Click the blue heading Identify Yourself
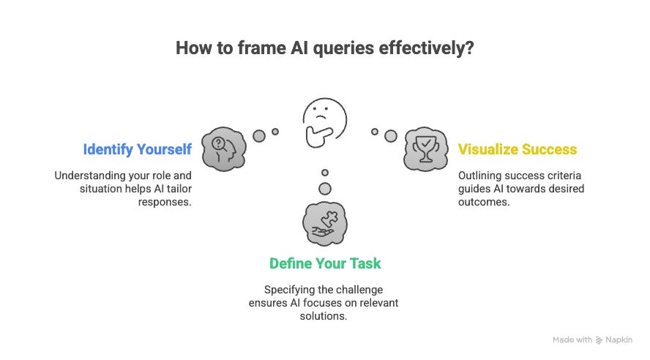(137, 149)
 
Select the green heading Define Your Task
(325, 263)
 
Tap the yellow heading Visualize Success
(518, 149)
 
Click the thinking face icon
(324, 121)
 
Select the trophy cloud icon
(425, 149)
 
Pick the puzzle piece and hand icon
(324, 222)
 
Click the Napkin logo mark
(599, 340)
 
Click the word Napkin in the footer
(619, 340)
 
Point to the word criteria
(545, 176)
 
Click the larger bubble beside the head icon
(258, 135)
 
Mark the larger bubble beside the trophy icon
(391, 135)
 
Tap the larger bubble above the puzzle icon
(325, 189)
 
